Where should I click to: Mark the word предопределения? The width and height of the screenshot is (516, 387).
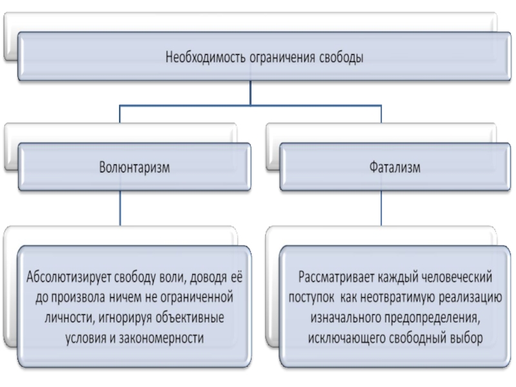433,317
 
